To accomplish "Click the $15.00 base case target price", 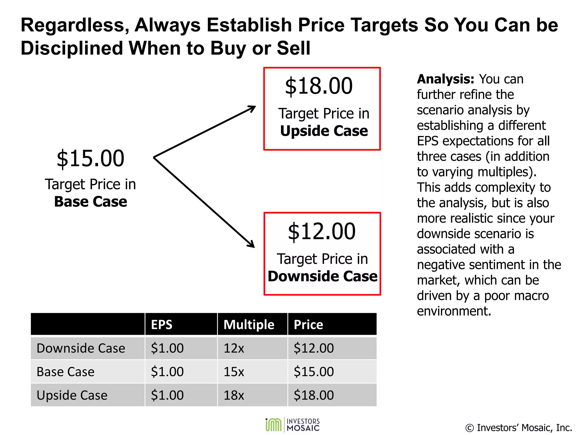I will click(x=90, y=159).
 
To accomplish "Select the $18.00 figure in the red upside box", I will click(x=319, y=86).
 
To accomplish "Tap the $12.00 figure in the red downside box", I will click(x=322, y=231).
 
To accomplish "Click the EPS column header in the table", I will click(x=162, y=325).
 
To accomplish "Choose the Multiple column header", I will click(x=249, y=325).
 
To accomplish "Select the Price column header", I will click(x=308, y=325).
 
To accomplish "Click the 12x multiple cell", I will click(x=234, y=348).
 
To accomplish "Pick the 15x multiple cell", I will click(x=234, y=372).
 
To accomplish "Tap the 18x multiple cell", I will click(x=234, y=395).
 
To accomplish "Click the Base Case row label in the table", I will click(x=65, y=372).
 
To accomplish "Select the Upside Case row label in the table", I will click(x=72, y=395).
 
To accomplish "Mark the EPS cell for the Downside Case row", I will click(x=167, y=348).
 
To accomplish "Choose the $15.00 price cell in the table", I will click(x=314, y=372).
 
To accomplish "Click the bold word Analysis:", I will click(x=445, y=79).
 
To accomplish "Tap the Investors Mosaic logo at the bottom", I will click(x=293, y=425).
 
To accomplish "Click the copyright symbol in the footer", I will click(x=469, y=428).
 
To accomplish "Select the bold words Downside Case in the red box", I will click(x=323, y=276).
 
